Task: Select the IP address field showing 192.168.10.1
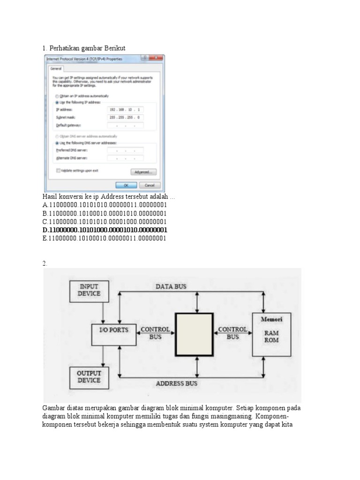pos(125,109)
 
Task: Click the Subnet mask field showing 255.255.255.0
pos(125,117)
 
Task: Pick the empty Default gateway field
pos(125,126)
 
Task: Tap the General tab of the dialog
pos(56,68)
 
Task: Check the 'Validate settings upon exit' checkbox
pos(58,171)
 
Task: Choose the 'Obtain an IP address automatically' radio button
pos(57,96)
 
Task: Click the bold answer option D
pos(105,230)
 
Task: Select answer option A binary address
pos(105,205)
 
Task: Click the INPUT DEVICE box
pos(89,290)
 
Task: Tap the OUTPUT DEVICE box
pos(89,377)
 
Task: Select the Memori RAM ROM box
pos(271,334)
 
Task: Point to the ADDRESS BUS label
pos(176,383)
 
